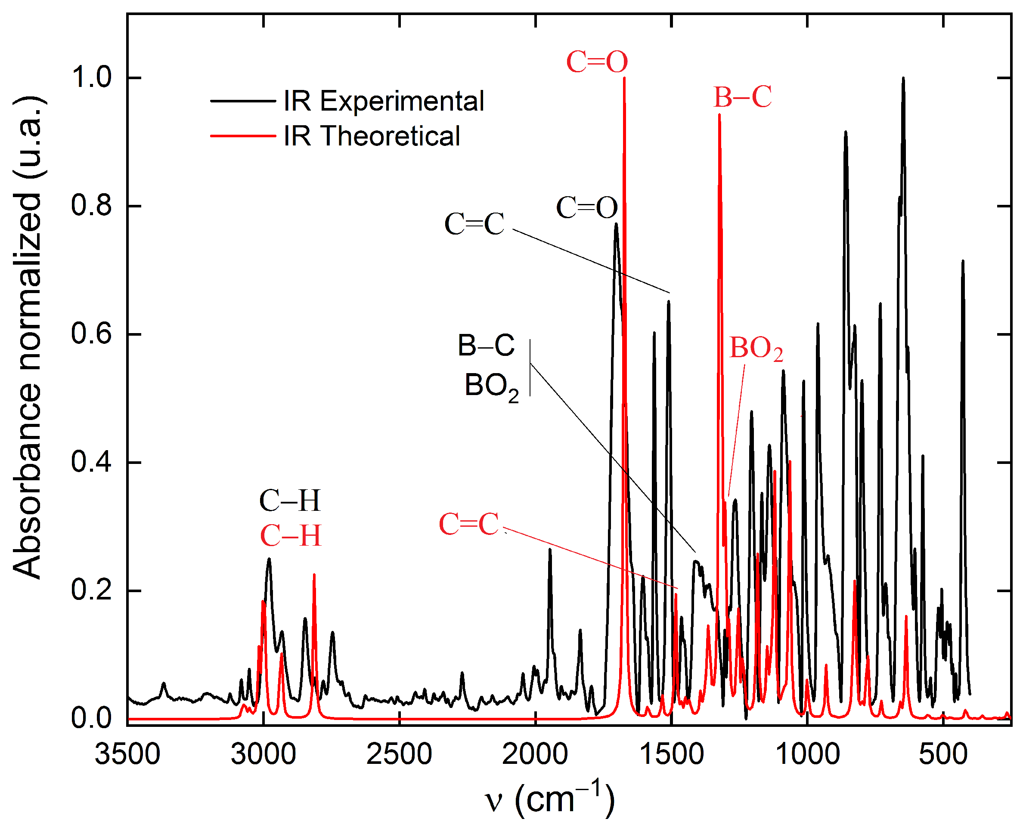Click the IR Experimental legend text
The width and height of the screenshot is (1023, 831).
coord(384,101)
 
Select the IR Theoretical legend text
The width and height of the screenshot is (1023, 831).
coord(372,136)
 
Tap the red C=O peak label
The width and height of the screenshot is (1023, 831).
coord(597,62)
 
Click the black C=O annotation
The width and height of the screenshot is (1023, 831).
coord(587,208)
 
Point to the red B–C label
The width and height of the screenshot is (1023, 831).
coord(742,97)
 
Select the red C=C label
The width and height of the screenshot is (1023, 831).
coord(469,524)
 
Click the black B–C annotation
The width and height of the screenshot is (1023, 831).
coord(486,345)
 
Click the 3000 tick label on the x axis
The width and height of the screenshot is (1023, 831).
coord(263,754)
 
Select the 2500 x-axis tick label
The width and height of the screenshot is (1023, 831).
coord(399,754)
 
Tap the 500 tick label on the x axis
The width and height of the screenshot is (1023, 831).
coord(943,754)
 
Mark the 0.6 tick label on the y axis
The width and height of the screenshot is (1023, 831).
coord(91,334)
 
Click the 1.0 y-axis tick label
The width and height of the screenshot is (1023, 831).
coord(91,77)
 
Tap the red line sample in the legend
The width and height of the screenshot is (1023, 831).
coord(243,136)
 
